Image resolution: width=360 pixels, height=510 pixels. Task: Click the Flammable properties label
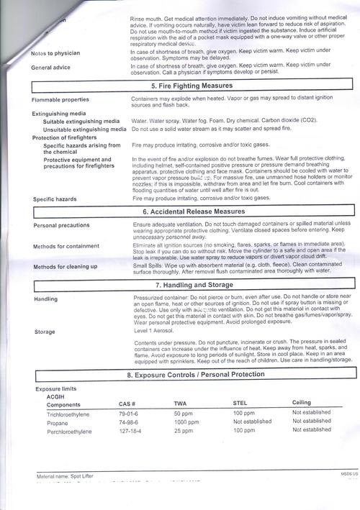coord(60,99)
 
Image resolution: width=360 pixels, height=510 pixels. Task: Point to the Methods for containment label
coord(66,247)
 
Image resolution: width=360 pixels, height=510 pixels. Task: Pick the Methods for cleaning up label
coord(65,267)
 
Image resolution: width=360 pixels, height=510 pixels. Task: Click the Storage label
coord(45,332)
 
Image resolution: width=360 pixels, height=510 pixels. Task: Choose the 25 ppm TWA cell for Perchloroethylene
coord(183,430)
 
